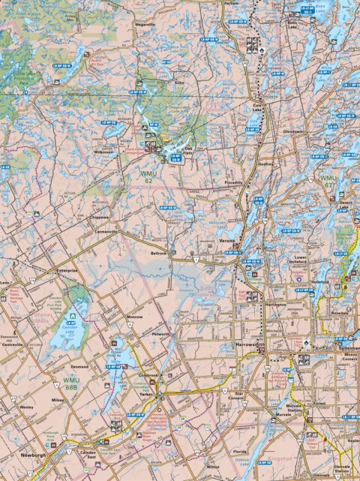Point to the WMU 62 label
149,176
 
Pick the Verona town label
227,241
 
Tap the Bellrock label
159,254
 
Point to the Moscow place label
135,317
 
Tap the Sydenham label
348,350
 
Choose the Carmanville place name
106,232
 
